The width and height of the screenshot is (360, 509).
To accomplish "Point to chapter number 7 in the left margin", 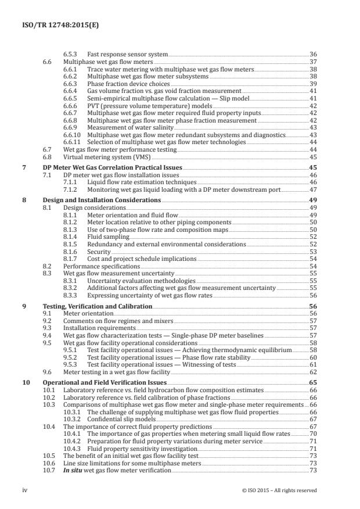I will (23, 167).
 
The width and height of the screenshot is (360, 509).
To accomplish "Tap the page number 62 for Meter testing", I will (312, 371).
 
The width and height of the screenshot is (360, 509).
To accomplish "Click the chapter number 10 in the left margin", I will (25, 383).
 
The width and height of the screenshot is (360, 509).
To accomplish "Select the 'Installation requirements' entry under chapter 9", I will (96, 328).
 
